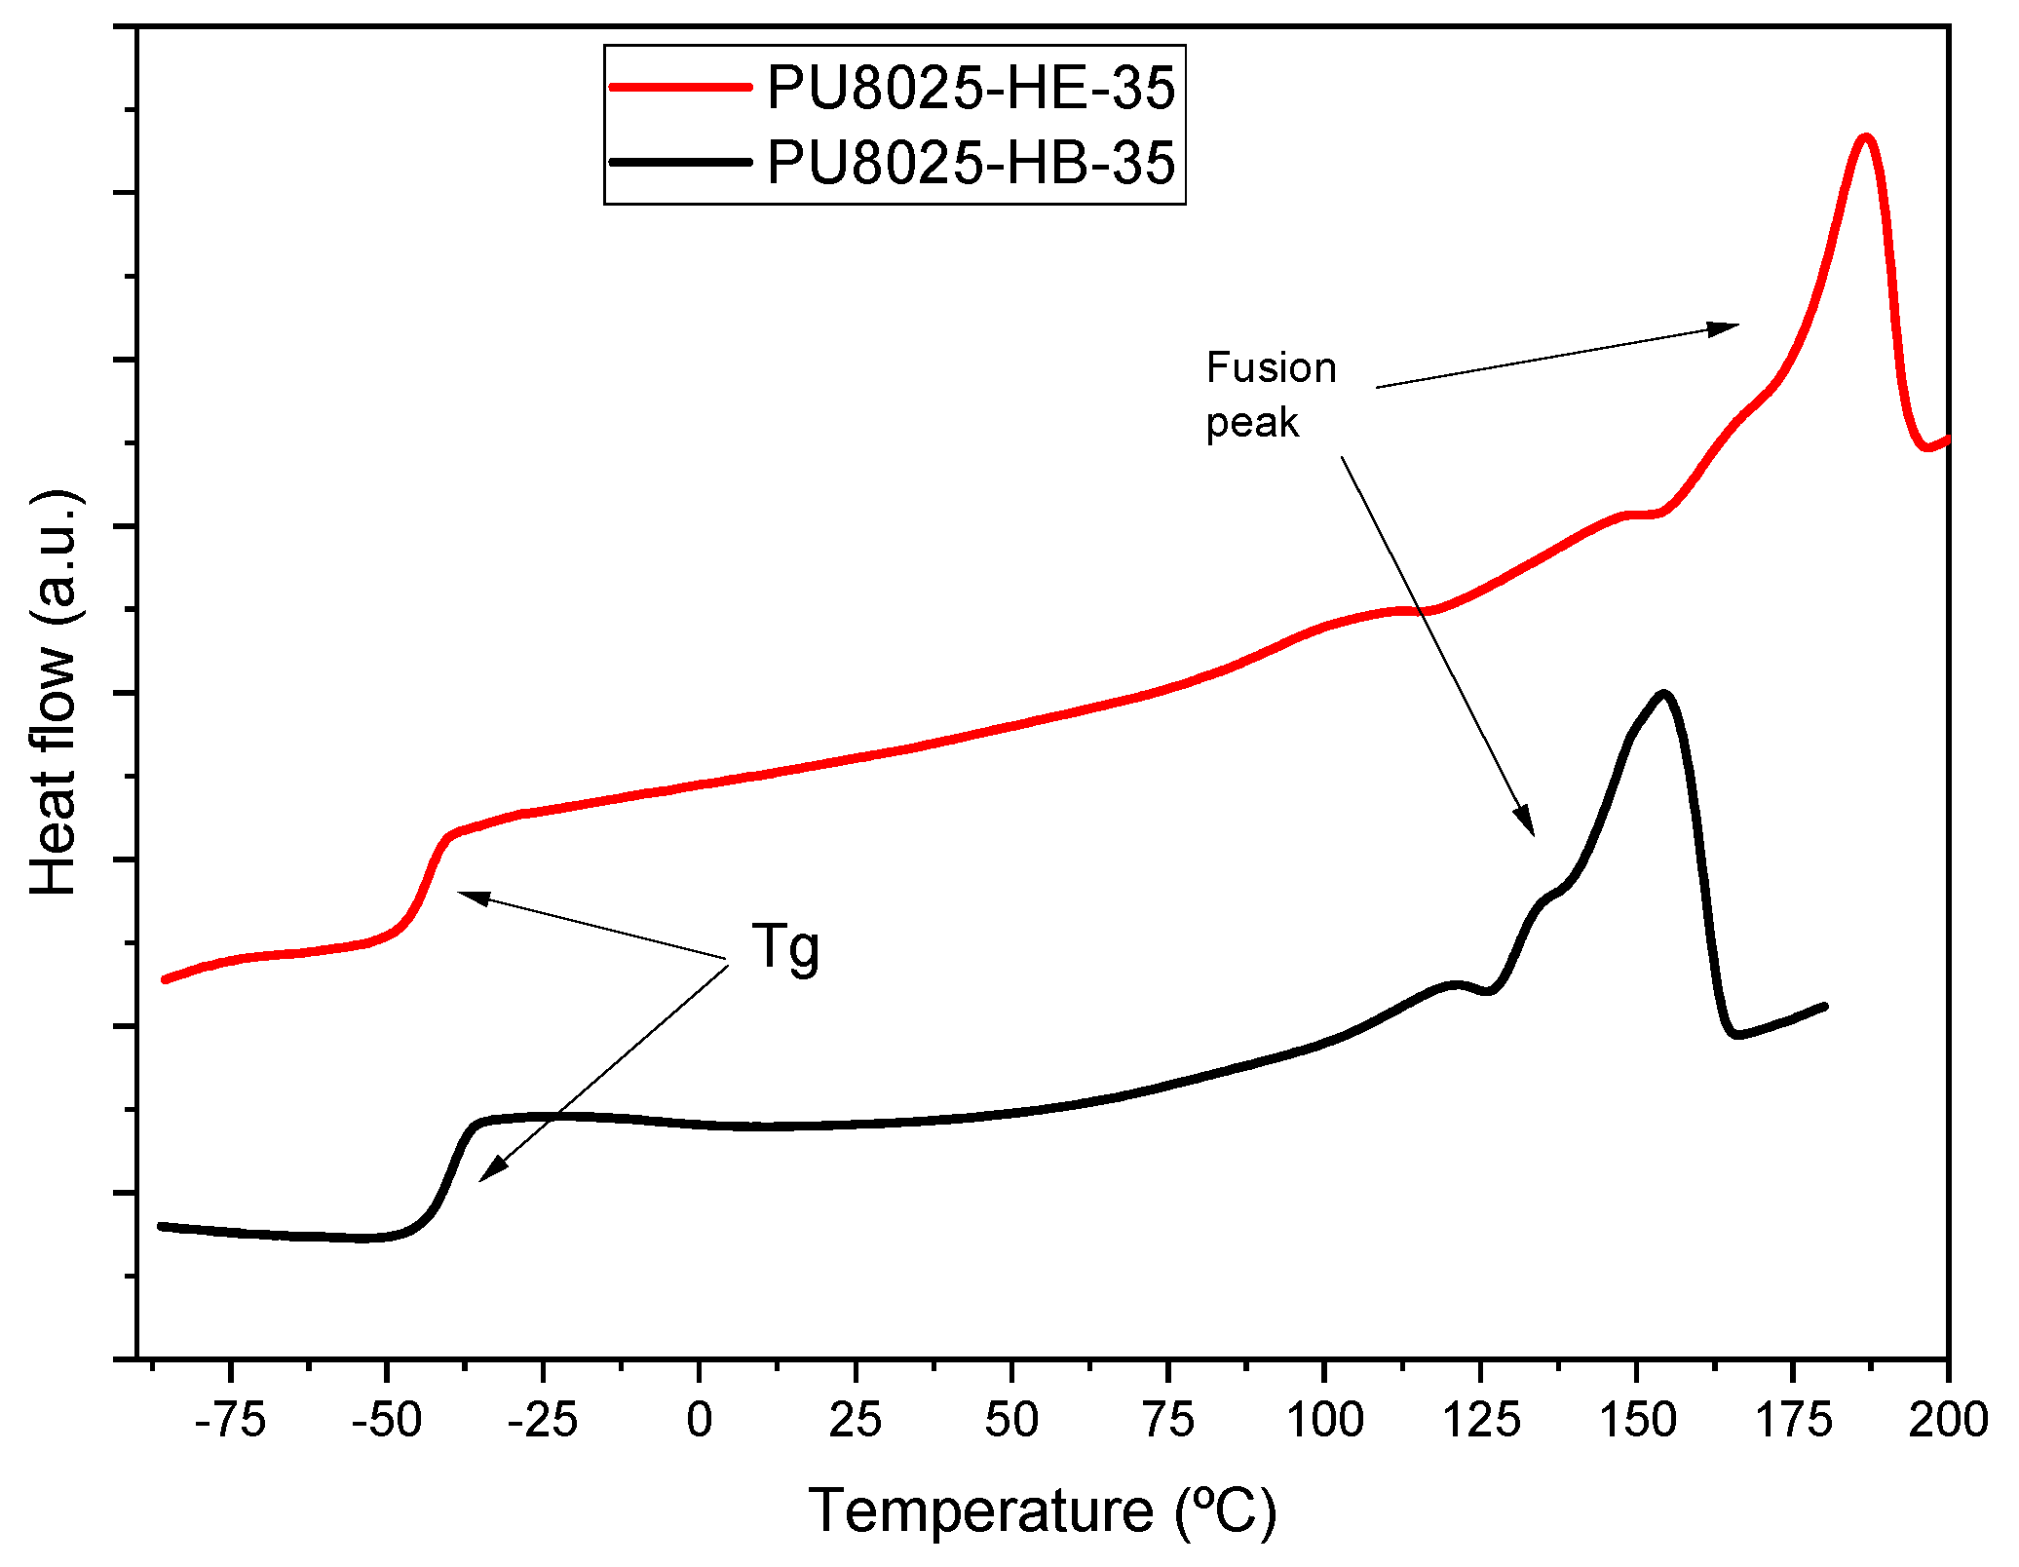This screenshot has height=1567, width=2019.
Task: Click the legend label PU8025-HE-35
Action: point(971,88)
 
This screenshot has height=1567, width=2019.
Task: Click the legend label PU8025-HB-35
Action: point(971,162)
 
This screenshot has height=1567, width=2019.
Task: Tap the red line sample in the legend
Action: point(680,87)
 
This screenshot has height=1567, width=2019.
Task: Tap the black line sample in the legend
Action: point(680,162)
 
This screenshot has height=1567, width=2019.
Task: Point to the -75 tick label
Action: point(230,1420)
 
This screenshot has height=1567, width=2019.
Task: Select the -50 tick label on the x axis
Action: point(387,1420)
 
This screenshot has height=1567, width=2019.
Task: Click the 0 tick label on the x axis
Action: point(700,1420)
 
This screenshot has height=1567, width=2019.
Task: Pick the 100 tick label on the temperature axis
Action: point(1324,1420)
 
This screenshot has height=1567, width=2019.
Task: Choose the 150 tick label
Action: point(1637,1420)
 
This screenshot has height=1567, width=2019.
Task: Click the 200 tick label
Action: point(1948,1420)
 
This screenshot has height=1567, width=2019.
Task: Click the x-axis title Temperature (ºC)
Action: point(1042,1511)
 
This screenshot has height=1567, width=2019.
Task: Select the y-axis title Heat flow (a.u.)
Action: point(55,693)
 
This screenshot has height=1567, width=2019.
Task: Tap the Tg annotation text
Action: point(785,947)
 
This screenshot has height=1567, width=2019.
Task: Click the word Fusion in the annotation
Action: point(1271,368)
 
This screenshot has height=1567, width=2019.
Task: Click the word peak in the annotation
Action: point(1252,423)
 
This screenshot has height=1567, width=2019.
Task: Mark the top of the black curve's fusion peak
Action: point(1664,695)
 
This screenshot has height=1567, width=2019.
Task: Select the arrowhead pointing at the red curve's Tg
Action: point(467,895)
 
